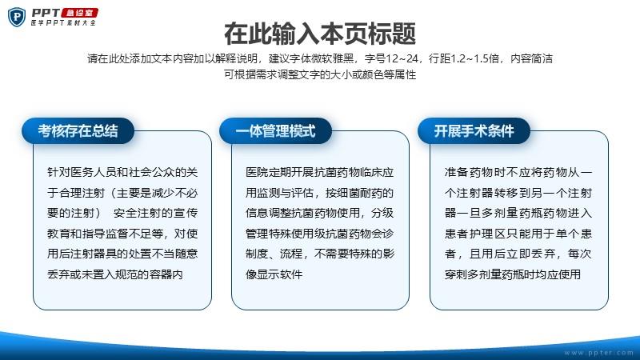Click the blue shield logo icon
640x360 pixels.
(x=17, y=17)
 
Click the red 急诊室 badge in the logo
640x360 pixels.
(x=79, y=13)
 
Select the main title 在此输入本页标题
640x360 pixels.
(x=320, y=34)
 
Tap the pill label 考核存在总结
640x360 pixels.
(x=78, y=131)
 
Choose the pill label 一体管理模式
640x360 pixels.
(x=275, y=131)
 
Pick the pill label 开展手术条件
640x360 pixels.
(x=474, y=131)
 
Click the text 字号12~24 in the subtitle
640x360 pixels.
(x=391, y=58)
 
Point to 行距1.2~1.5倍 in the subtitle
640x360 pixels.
(x=464, y=58)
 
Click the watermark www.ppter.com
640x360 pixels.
(x=598, y=353)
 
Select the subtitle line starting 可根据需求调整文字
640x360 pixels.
(x=320, y=74)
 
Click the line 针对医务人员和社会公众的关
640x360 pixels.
(x=122, y=172)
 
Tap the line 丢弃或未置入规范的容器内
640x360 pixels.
(x=115, y=274)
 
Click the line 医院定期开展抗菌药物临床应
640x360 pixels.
(x=319, y=172)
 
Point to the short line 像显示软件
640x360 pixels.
(x=274, y=274)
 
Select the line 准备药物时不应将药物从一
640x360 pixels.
(x=518, y=172)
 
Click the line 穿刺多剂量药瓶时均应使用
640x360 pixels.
(x=513, y=274)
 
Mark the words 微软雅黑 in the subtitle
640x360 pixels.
(x=333, y=58)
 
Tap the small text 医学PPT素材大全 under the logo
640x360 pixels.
(x=63, y=23)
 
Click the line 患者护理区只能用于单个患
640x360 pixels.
(x=518, y=234)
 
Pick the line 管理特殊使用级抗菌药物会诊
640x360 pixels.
(x=319, y=234)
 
